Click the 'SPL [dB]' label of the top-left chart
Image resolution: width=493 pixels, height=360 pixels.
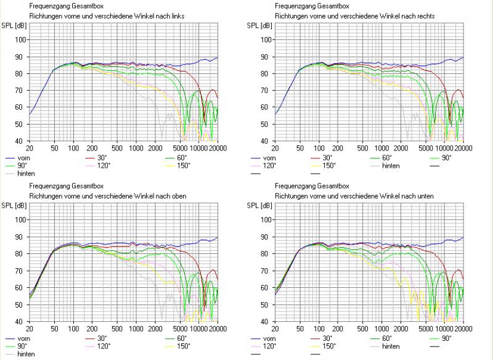(x=17, y=25)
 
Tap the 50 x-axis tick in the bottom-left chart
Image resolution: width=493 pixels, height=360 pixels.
(x=53, y=329)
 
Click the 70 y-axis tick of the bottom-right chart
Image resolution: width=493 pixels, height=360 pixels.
(x=267, y=271)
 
